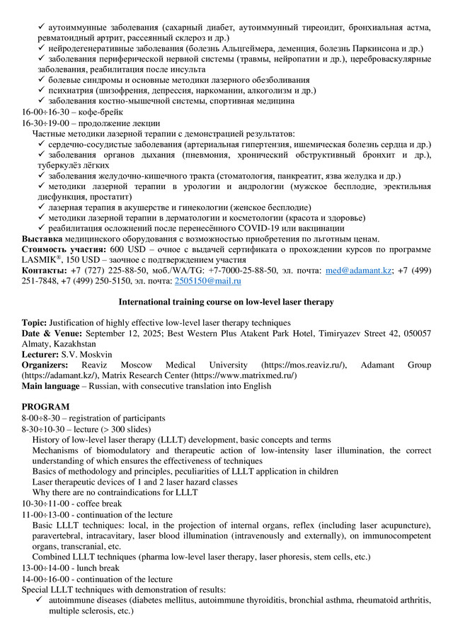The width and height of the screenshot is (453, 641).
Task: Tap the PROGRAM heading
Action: click(x=45, y=407)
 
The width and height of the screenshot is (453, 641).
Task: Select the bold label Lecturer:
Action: click(x=43, y=353)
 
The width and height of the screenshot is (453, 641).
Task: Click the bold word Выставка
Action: click(x=42, y=239)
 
